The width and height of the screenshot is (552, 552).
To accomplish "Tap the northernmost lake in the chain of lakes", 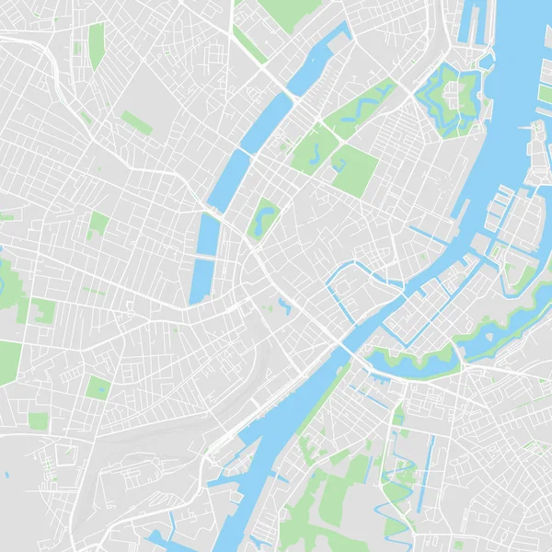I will pos(317,61).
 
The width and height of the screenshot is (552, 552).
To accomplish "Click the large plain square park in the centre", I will pos(354,170).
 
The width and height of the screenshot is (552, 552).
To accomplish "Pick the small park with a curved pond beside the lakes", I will pos(265,218).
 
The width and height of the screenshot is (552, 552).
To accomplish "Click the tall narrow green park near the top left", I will pos(96,45).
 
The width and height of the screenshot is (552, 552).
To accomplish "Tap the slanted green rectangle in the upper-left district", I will pos(136,122).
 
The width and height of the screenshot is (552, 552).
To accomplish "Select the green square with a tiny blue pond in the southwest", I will pos(98,387).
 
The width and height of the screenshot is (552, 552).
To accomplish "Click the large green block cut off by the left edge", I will pos(8,362).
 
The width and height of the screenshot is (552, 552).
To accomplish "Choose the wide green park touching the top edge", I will pos(289,12).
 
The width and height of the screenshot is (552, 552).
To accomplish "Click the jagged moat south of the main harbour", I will pos(414,362).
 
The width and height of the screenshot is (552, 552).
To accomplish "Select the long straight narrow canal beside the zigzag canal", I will pos(430,465).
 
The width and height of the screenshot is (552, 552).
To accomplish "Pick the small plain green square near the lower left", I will pos(38,420).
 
